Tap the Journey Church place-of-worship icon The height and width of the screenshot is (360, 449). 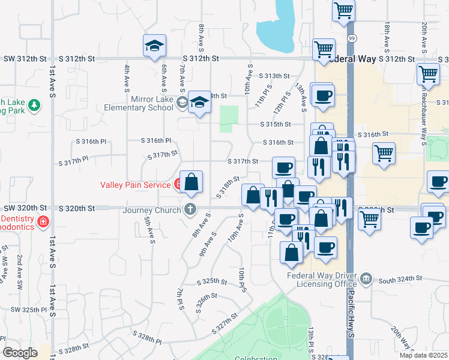190,210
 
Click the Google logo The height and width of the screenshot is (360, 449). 20,353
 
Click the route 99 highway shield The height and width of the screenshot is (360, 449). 351,38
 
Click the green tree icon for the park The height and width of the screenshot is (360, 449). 35,106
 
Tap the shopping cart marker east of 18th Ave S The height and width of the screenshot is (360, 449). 428,74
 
